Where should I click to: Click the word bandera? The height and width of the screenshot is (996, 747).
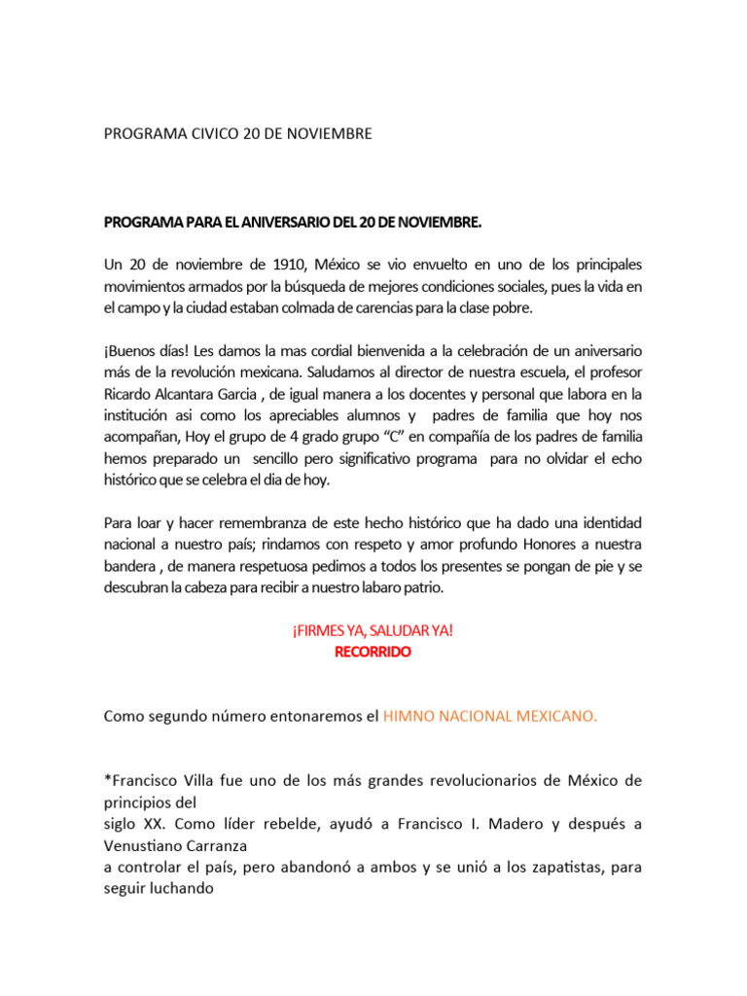130,566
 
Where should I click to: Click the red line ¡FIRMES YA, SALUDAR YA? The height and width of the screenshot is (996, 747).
373,630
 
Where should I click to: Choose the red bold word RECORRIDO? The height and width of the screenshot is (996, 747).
373,652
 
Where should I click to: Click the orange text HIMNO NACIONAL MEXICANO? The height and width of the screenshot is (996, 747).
490,716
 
